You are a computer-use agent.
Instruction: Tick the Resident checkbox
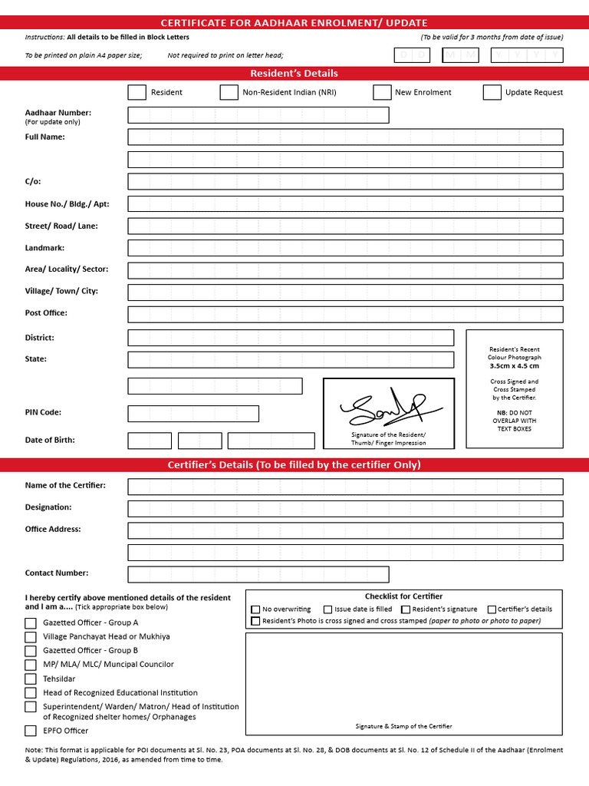pyautogui.click(x=137, y=92)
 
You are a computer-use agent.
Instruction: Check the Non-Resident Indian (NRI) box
pyautogui.click(x=229, y=92)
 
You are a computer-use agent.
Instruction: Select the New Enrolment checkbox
pyautogui.click(x=382, y=92)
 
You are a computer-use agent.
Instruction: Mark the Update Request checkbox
pyautogui.click(x=492, y=92)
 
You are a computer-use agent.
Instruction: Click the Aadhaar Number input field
pyautogui.click(x=258, y=115)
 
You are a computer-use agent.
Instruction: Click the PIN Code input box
pyautogui.click(x=193, y=414)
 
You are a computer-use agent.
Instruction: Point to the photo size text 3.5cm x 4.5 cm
pyautogui.click(x=514, y=366)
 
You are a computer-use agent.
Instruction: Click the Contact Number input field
pyautogui.click(x=258, y=574)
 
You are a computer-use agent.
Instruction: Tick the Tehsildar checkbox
pyautogui.click(x=31, y=679)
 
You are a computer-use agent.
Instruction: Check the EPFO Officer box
pyautogui.click(x=31, y=731)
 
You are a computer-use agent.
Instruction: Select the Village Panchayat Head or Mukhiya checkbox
pyautogui.click(x=31, y=636)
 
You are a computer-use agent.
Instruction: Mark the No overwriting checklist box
pyautogui.click(x=255, y=609)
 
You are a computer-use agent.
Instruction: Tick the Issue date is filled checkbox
pyautogui.click(x=327, y=609)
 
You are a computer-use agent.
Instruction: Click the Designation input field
pyautogui.click(x=345, y=508)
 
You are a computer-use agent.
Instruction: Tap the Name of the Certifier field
pyautogui.click(x=345, y=487)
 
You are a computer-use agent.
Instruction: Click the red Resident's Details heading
pyautogui.click(x=294, y=74)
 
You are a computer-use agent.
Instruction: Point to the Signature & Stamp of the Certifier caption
pyautogui.click(x=403, y=726)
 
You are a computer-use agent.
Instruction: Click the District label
pyautogui.click(x=40, y=338)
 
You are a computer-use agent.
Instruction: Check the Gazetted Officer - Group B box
pyautogui.click(x=31, y=650)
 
